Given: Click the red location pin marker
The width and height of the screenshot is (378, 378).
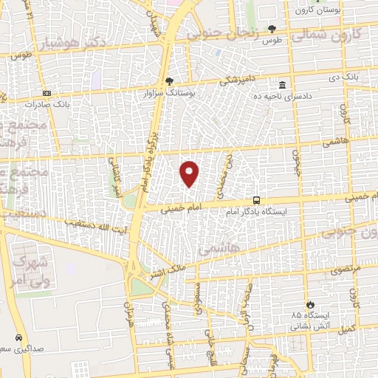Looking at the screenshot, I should point(190,173).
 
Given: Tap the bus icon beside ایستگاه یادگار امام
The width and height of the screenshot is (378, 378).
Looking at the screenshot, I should point(256,199).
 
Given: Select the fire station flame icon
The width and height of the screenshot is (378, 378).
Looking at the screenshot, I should point(311,303).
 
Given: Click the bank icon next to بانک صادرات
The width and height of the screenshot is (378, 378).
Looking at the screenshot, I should point(48,94).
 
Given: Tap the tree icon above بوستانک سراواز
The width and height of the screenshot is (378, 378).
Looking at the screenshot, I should point(171,80).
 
